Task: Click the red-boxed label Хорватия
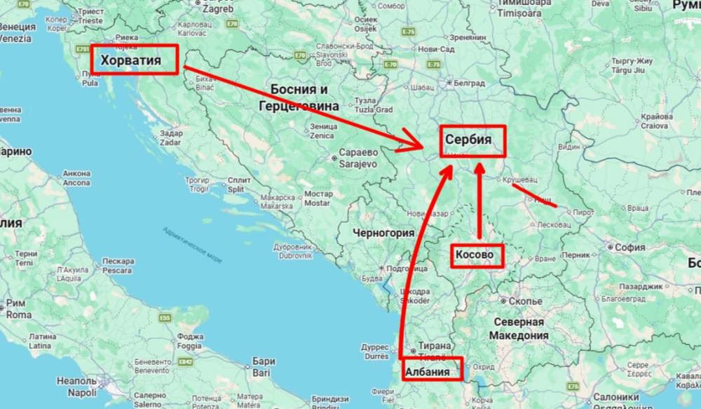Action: pos(134,60)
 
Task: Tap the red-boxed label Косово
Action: pos(477,255)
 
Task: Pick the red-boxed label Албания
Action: pos(431,370)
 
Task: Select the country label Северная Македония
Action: pos(519,328)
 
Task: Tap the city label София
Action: pos(629,247)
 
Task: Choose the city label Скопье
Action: pos(525,301)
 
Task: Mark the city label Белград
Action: pos(469,82)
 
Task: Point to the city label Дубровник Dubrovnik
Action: pos(292,251)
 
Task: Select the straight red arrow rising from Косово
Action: pos(479,203)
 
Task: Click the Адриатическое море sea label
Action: pos(192,245)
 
